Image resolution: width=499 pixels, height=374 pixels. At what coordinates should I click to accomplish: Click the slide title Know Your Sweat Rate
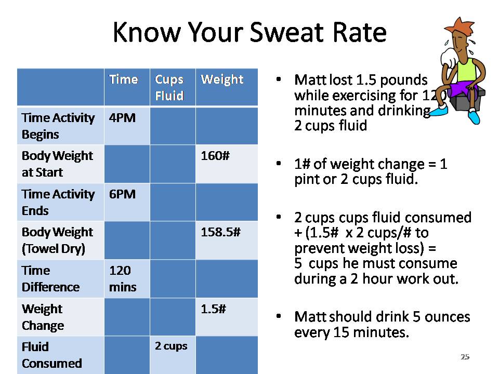point(249,33)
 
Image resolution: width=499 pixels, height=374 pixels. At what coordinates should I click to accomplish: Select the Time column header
point(124,79)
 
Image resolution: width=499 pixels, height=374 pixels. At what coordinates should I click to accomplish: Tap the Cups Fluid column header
point(169,87)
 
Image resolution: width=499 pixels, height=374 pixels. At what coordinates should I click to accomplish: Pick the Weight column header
point(222,79)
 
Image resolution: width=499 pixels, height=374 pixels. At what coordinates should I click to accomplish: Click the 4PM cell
point(122,118)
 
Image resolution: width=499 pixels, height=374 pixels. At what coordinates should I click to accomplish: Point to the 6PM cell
point(122,194)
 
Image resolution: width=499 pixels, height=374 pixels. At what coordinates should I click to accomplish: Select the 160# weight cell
point(215,156)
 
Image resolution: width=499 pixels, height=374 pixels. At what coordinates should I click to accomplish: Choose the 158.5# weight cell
point(220,232)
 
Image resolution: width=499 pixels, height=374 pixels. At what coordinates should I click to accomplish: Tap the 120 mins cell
point(123,278)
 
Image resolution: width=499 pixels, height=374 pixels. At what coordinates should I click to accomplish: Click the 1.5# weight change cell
point(213,309)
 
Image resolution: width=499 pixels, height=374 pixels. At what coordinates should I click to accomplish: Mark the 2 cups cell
point(171,346)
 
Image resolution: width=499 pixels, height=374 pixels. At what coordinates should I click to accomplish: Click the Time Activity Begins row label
point(58,126)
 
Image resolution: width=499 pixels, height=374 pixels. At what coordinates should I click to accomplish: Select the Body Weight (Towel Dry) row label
point(57,240)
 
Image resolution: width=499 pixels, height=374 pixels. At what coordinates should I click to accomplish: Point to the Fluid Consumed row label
point(52,355)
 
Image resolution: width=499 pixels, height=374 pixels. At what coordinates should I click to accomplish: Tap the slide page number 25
point(465,357)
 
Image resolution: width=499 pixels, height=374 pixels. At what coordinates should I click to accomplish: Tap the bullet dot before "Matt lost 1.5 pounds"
point(279,80)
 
